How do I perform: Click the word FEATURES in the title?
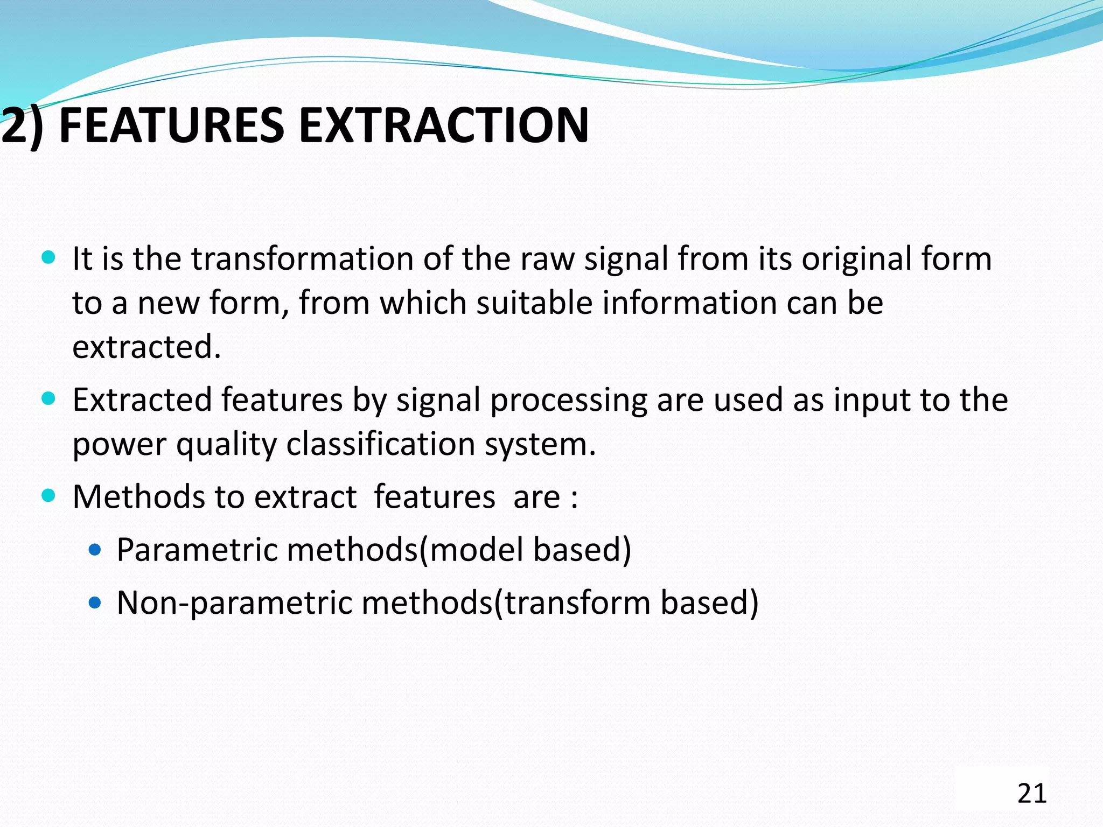[x=171, y=125]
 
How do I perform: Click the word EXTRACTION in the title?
[x=443, y=125]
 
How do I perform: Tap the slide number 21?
[x=1032, y=794]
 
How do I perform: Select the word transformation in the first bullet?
[x=302, y=258]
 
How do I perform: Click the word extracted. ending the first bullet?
[x=146, y=347]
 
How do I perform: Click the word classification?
[x=380, y=444]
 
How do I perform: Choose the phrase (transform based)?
[x=626, y=602]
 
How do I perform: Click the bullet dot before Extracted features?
[x=48, y=399]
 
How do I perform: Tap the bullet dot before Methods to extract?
[x=48, y=495]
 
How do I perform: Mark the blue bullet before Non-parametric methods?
[x=95, y=602]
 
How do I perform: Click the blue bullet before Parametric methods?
[x=95, y=550]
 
